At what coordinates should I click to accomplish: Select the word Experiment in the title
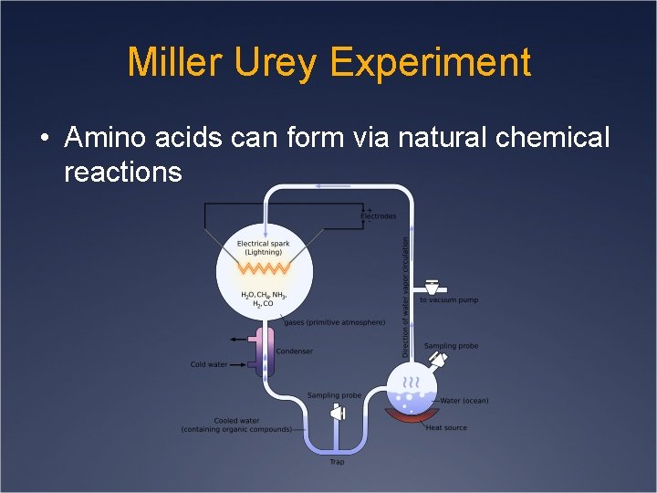pos(430,62)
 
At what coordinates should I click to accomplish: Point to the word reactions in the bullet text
pos(122,172)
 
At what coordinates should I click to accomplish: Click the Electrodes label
pos(379,216)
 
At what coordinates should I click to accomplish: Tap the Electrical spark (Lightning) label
pos(264,247)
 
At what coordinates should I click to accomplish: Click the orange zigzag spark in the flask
pos(265,269)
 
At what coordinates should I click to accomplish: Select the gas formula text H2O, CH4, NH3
pos(264,295)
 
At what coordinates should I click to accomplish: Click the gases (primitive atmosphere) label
pos(334,322)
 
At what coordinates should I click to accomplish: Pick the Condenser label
pos(294,351)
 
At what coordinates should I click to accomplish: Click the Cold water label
pos(209,365)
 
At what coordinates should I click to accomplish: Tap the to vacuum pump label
pos(448,299)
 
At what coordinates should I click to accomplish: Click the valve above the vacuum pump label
pos(433,287)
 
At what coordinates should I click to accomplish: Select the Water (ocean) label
pos(464,401)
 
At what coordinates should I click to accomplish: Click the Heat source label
pos(446,427)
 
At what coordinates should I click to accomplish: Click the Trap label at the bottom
pos(337,462)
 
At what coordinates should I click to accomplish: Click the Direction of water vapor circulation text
pos(406,297)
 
